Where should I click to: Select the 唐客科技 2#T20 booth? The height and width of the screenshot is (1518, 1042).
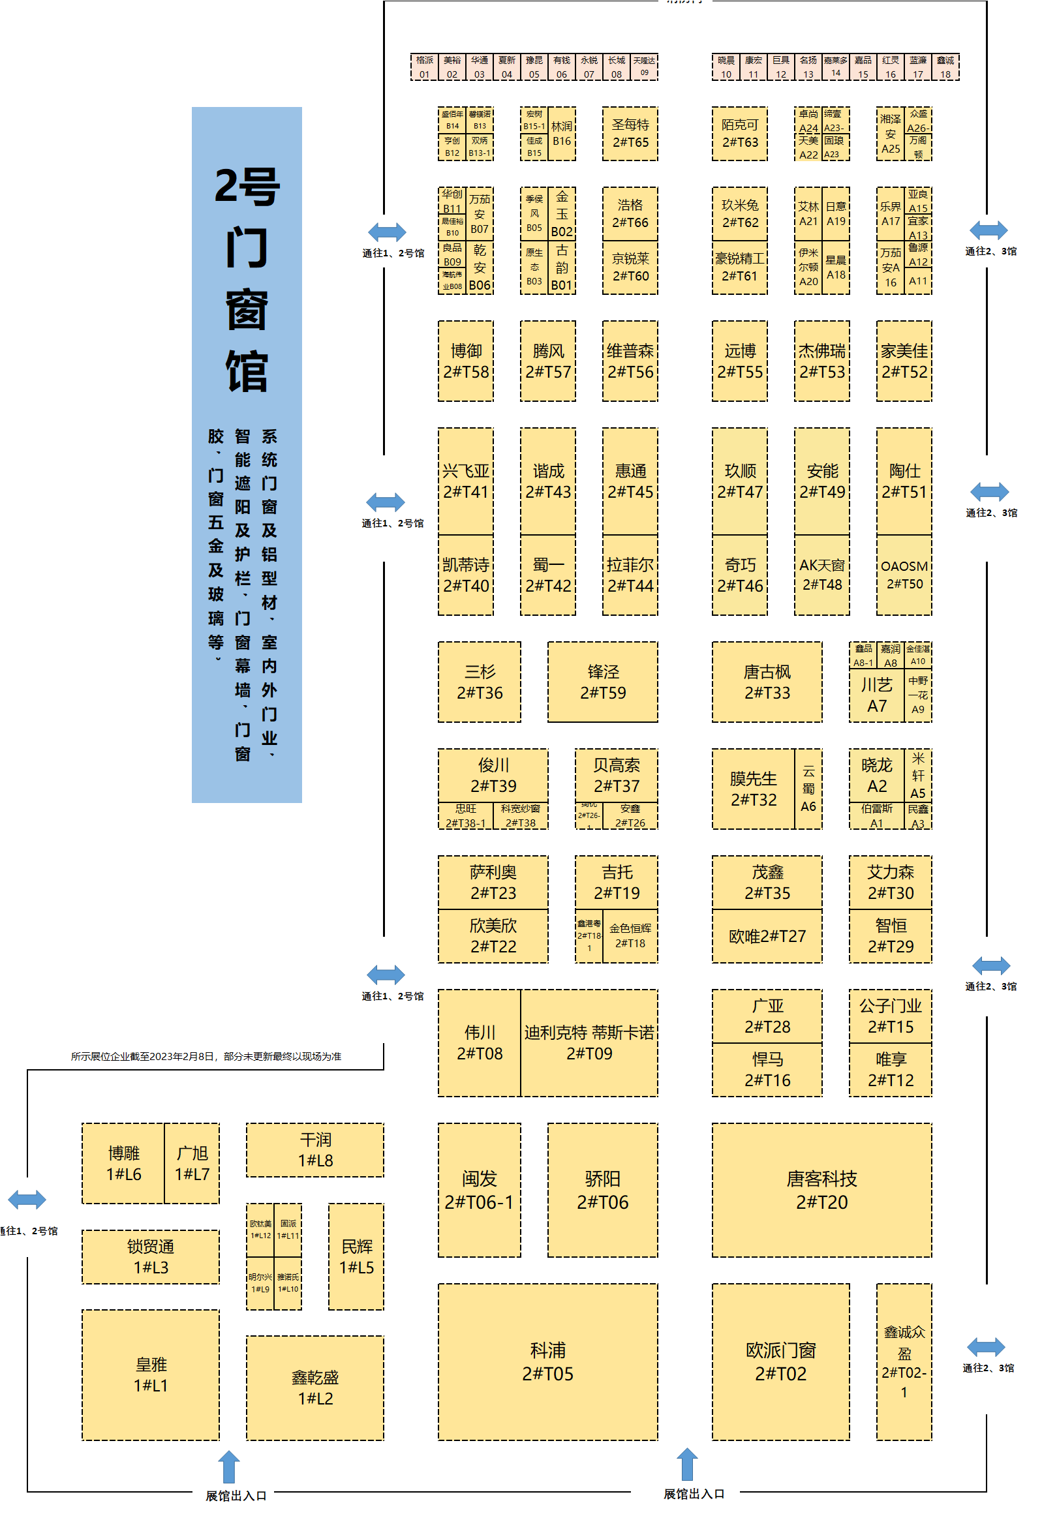click(821, 1189)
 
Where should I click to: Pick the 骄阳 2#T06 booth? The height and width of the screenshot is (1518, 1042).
click(602, 1189)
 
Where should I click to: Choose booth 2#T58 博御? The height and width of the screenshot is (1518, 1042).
click(466, 361)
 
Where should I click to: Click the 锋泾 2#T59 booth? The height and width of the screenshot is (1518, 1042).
click(602, 681)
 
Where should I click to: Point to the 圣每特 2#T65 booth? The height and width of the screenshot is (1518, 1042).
click(630, 133)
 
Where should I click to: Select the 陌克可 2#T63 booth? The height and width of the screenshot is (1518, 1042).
click(739, 133)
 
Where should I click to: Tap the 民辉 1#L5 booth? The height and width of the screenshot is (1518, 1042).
click(356, 1256)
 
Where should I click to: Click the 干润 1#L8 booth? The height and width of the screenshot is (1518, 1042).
click(315, 1149)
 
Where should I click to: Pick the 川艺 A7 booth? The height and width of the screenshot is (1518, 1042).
click(876, 695)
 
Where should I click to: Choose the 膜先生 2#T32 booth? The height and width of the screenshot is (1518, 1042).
click(752, 789)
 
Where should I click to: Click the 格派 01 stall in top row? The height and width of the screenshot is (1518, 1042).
click(424, 67)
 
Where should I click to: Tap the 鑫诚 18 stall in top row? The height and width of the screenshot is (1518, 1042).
click(945, 67)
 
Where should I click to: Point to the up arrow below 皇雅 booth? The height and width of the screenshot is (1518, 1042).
click(228, 1467)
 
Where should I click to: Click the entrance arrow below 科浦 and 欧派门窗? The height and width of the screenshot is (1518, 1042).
click(686, 1465)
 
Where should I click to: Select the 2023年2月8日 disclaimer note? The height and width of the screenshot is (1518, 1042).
click(206, 1056)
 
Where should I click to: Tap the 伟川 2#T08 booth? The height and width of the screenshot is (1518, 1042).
click(479, 1042)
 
